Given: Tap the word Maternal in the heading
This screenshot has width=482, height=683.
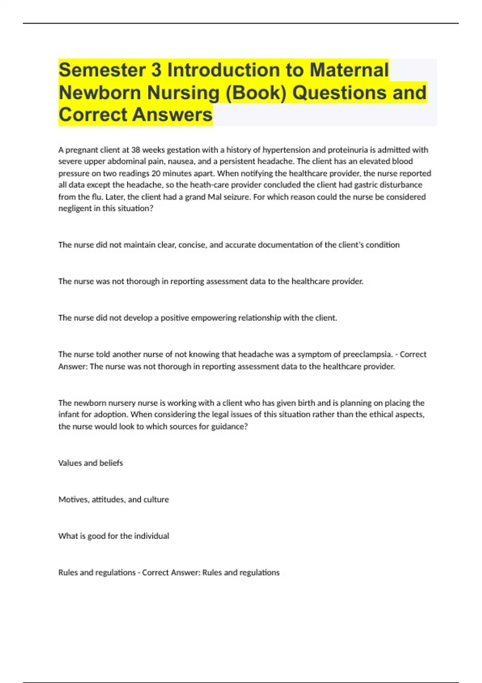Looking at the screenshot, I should [349, 70].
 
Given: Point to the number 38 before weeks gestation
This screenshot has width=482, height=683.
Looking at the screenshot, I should [136, 150].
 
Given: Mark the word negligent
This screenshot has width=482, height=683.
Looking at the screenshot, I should [75, 209].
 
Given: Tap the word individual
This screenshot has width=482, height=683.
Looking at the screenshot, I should [151, 536].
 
